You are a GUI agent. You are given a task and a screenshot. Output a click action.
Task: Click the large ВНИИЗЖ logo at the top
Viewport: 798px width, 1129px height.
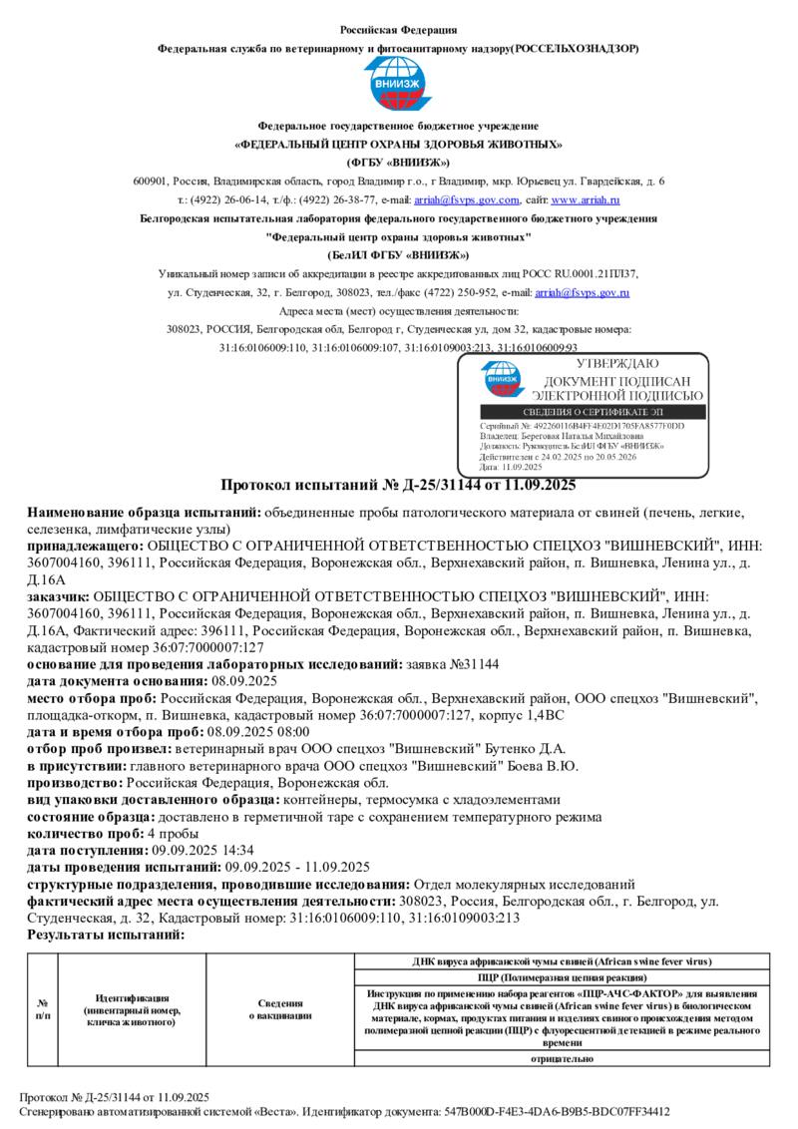(398, 85)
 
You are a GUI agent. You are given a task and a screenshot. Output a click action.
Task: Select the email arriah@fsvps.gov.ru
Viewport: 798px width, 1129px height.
(582, 292)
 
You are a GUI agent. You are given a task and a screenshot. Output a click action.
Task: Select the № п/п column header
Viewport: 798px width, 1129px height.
(43, 1008)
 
